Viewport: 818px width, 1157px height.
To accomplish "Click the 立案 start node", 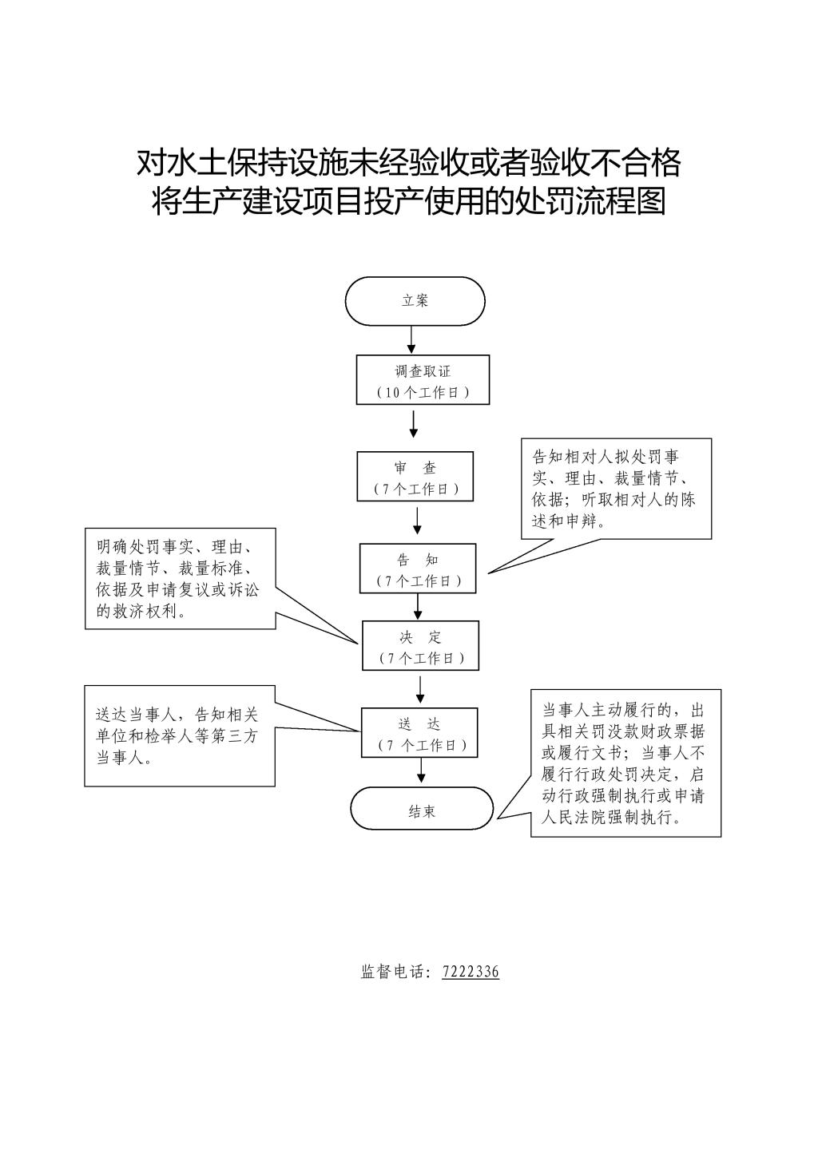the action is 415,301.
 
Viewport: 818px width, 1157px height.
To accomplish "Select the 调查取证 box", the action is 423,379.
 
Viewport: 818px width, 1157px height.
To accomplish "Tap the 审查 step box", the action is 415,476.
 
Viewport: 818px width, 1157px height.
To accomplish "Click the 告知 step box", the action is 418,569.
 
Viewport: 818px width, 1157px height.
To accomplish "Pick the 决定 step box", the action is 421,646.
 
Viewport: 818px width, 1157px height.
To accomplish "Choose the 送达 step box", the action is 419,732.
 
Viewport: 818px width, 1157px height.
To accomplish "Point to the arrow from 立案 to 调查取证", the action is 411,340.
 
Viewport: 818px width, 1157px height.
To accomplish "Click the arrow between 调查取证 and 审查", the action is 413,424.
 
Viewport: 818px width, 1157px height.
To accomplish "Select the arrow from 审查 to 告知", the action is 418,521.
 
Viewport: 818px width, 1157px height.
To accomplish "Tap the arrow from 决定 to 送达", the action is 420,690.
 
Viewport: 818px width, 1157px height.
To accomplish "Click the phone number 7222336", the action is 471,972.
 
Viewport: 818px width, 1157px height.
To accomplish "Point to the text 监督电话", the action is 394,972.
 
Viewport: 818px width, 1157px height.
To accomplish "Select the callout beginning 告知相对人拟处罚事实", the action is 616,489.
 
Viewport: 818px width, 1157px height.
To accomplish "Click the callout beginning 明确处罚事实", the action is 181,578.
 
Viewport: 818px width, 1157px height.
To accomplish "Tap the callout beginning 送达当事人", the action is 180,736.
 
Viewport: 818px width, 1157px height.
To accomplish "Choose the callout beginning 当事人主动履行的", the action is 625,763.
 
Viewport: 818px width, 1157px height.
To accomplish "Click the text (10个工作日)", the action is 423,393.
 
